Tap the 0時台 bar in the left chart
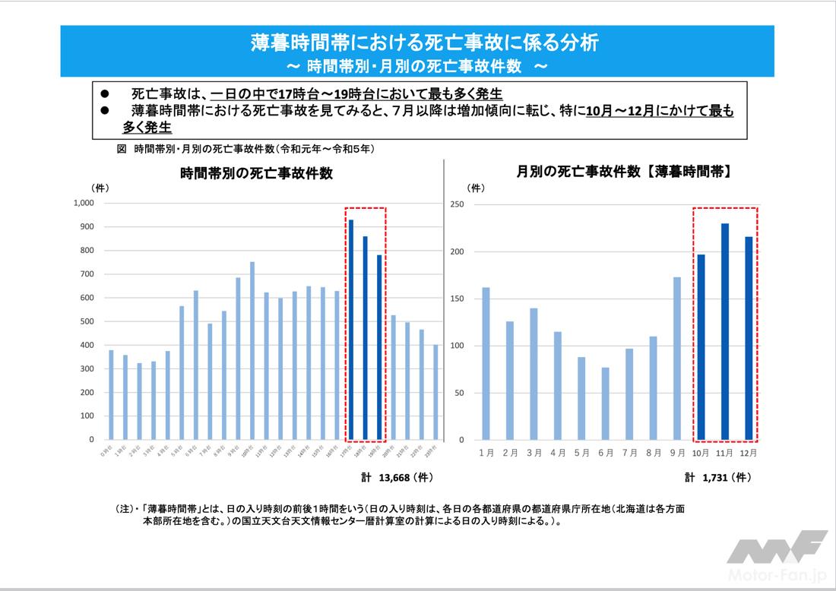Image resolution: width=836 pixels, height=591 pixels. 111,395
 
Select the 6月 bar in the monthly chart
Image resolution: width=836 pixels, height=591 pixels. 606,403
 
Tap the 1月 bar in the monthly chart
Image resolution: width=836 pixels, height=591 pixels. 486,364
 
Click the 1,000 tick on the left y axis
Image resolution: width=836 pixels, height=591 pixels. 82,203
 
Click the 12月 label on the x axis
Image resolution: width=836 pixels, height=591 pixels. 749,453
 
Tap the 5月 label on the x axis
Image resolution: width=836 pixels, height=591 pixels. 581,453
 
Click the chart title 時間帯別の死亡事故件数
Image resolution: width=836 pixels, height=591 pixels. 256,173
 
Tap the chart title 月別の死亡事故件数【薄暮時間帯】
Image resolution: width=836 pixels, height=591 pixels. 624,172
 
